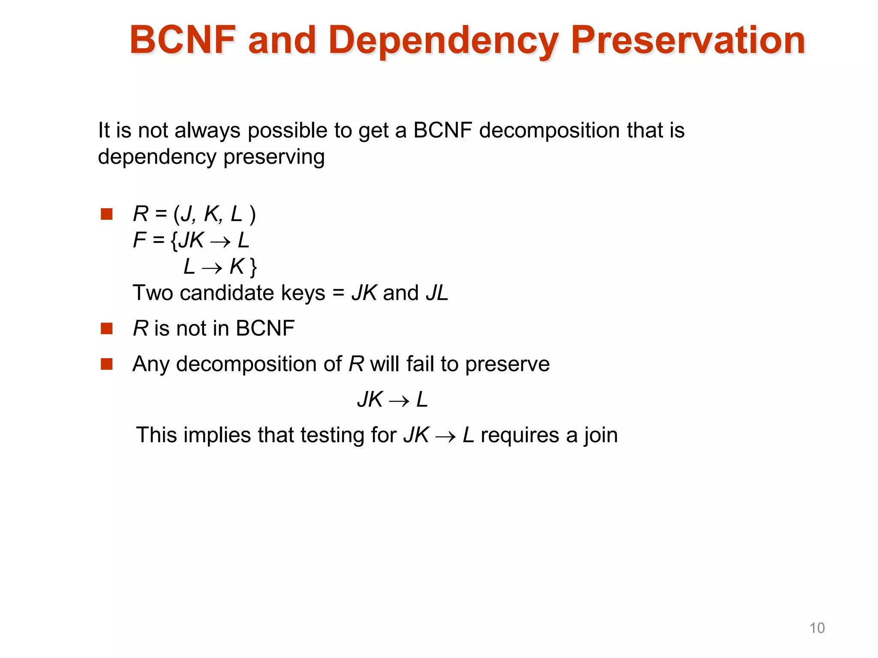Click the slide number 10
[x=817, y=628]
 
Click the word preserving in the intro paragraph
[x=274, y=157]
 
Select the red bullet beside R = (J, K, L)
[x=106, y=214]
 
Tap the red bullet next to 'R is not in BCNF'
[x=106, y=329]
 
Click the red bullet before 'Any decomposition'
[x=106, y=364]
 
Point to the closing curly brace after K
[x=253, y=267]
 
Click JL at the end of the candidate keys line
[x=437, y=293]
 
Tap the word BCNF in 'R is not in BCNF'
[x=265, y=329]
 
